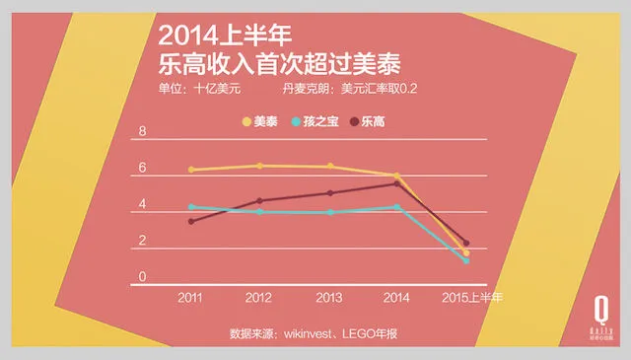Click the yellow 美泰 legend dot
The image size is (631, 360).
click(247, 121)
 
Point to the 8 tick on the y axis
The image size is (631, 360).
click(143, 132)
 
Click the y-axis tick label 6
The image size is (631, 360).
click(143, 169)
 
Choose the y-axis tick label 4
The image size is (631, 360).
click(143, 205)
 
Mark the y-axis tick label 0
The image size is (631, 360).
click(143, 277)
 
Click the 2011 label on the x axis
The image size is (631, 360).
click(191, 297)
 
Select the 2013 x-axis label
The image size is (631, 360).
click(328, 297)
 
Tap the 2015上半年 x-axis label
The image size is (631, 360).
click(471, 297)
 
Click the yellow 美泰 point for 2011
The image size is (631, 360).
click(191, 170)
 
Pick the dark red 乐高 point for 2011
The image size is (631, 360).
click(191, 221)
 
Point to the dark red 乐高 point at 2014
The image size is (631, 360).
click(396, 183)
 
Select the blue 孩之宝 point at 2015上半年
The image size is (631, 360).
click(466, 260)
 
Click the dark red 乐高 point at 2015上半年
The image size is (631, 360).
click(466, 243)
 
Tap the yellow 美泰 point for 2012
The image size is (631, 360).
click(259, 166)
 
